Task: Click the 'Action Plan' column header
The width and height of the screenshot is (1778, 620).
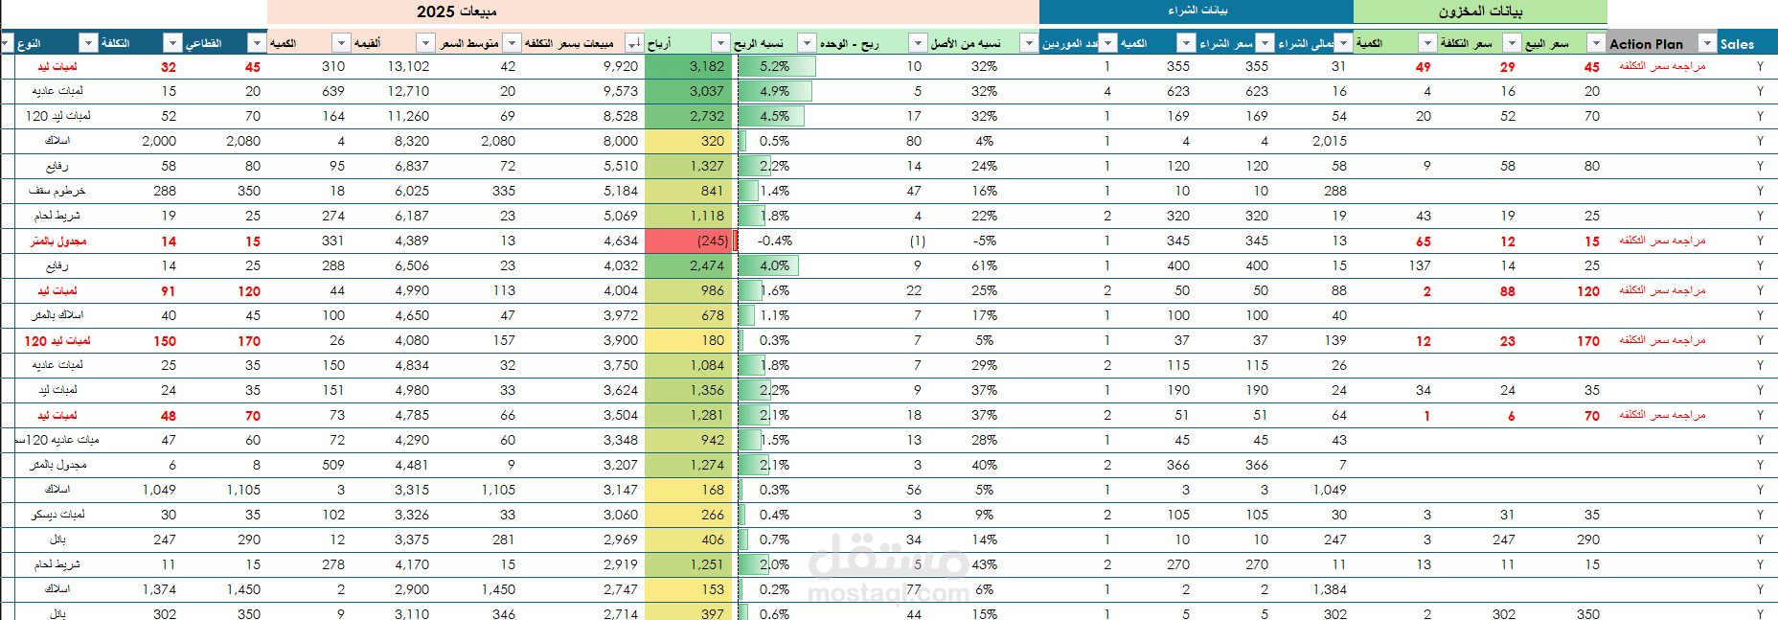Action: click(1646, 43)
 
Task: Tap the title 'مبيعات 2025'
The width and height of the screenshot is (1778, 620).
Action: click(456, 11)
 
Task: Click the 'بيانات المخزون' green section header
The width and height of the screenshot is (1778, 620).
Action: click(1479, 11)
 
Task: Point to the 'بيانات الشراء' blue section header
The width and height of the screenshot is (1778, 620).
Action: click(1197, 11)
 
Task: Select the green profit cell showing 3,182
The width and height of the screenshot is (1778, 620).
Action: click(689, 66)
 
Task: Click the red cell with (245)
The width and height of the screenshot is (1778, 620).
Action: click(689, 241)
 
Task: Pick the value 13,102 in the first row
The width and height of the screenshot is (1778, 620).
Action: click(408, 66)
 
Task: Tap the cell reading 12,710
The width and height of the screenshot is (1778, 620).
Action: click(408, 91)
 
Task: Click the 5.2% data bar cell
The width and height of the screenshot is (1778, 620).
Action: click(775, 66)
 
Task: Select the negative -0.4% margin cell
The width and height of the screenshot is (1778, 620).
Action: click(775, 241)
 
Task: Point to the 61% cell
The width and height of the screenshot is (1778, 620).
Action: click(984, 265)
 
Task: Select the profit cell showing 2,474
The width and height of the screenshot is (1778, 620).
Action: click(689, 265)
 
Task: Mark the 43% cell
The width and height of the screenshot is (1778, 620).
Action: click(984, 564)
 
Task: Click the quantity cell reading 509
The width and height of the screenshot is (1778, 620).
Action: click(332, 465)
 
